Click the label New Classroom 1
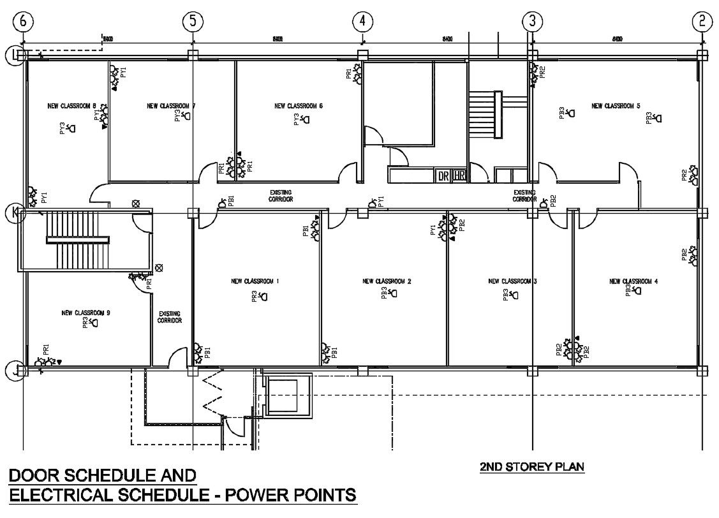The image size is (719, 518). pyautogui.click(x=255, y=281)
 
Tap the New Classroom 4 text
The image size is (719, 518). pyautogui.click(x=634, y=281)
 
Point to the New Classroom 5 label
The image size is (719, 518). pyautogui.click(x=616, y=106)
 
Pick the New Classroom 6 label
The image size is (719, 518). pyautogui.click(x=299, y=106)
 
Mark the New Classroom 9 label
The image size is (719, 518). pyautogui.click(x=86, y=313)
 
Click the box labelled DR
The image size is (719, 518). pyautogui.click(x=443, y=176)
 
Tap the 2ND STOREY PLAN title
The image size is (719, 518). pyautogui.click(x=531, y=467)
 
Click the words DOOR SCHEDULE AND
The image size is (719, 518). pyautogui.click(x=102, y=475)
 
